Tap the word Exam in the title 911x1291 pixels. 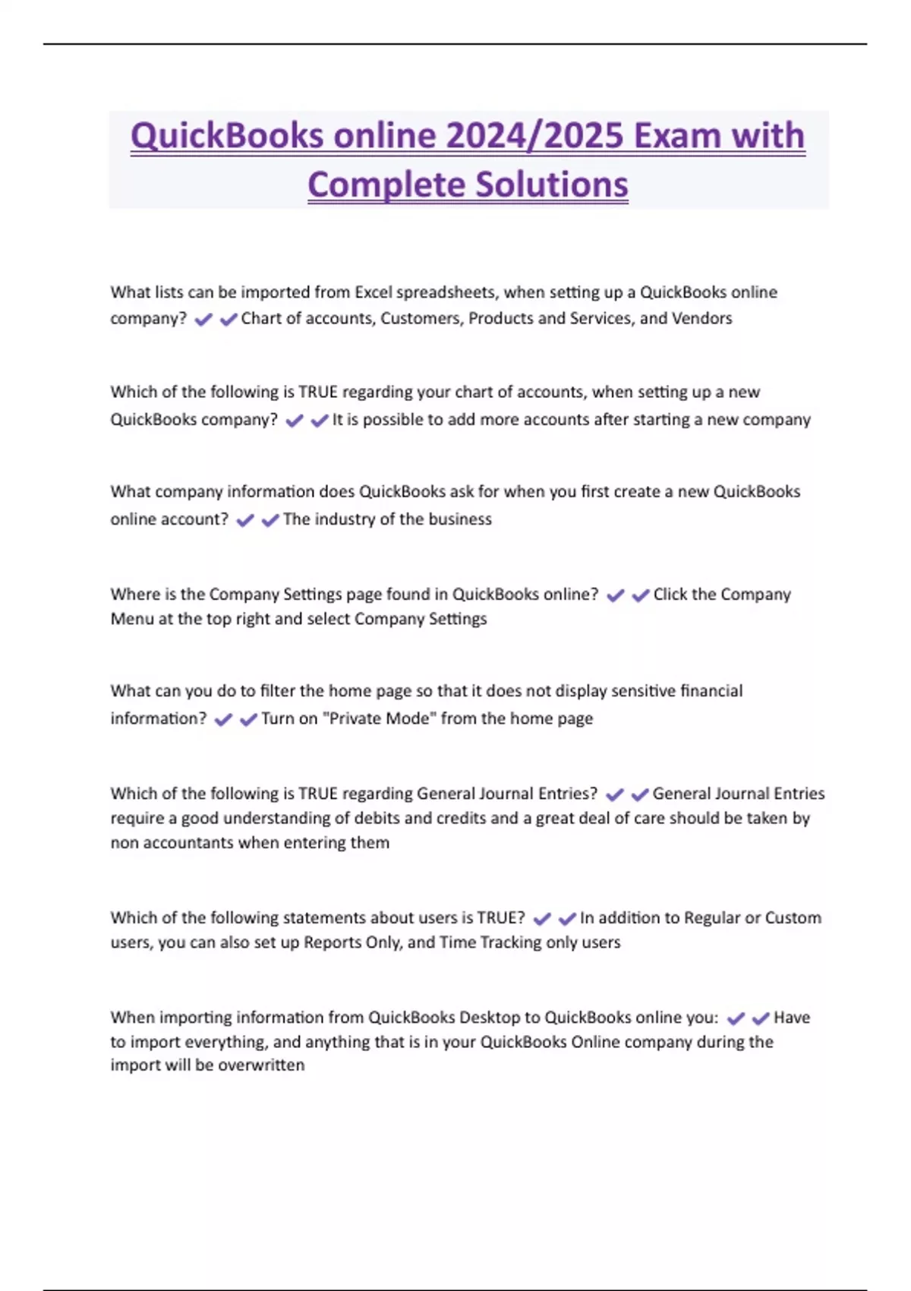[x=676, y=136]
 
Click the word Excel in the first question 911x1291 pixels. [x=373, y=292]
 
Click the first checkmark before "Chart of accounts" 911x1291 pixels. [x=203, y=320]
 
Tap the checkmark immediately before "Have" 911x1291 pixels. [x=760, y=1018]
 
